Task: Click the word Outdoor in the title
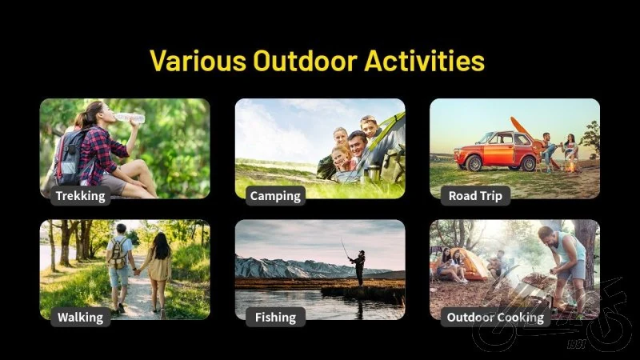coord(305,61)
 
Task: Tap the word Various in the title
coord(198,61)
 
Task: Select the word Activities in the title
coord(425,61)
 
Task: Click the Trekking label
coord(81,195)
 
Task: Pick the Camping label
coord(275,195)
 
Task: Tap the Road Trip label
coord(475,195)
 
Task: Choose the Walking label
coord(81,317)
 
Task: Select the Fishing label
coord(275,317)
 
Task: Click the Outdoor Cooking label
coord(495,317)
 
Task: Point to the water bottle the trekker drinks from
coord(130,118)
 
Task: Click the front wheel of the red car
coord(474,163)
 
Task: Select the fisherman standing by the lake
coord(358,267)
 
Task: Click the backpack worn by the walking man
coord(118,253)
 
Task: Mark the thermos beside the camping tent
coord(372,173)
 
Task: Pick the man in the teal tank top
coord(566,266)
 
